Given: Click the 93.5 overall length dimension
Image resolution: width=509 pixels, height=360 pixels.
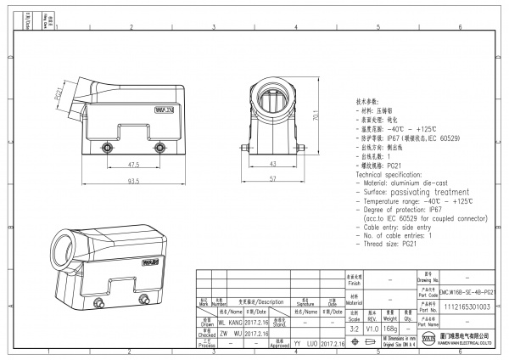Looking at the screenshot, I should (134, 182).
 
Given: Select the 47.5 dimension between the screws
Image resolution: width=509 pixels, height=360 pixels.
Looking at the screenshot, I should (134, 166).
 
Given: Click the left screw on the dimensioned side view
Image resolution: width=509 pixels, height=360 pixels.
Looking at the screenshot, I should (108, 149).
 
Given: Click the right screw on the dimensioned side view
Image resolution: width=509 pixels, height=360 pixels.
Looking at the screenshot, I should (158, 149).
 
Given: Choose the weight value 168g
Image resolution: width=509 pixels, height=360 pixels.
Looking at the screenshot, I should (391, 327).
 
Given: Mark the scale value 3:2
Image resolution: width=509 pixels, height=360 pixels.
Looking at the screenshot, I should (354, 327).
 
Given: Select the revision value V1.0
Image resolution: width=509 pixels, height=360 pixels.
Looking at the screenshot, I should (372, 327).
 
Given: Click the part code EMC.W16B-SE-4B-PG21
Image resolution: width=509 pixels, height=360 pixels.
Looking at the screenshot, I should (467, 290).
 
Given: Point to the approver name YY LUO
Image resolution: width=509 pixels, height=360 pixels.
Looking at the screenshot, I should (306, 345).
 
